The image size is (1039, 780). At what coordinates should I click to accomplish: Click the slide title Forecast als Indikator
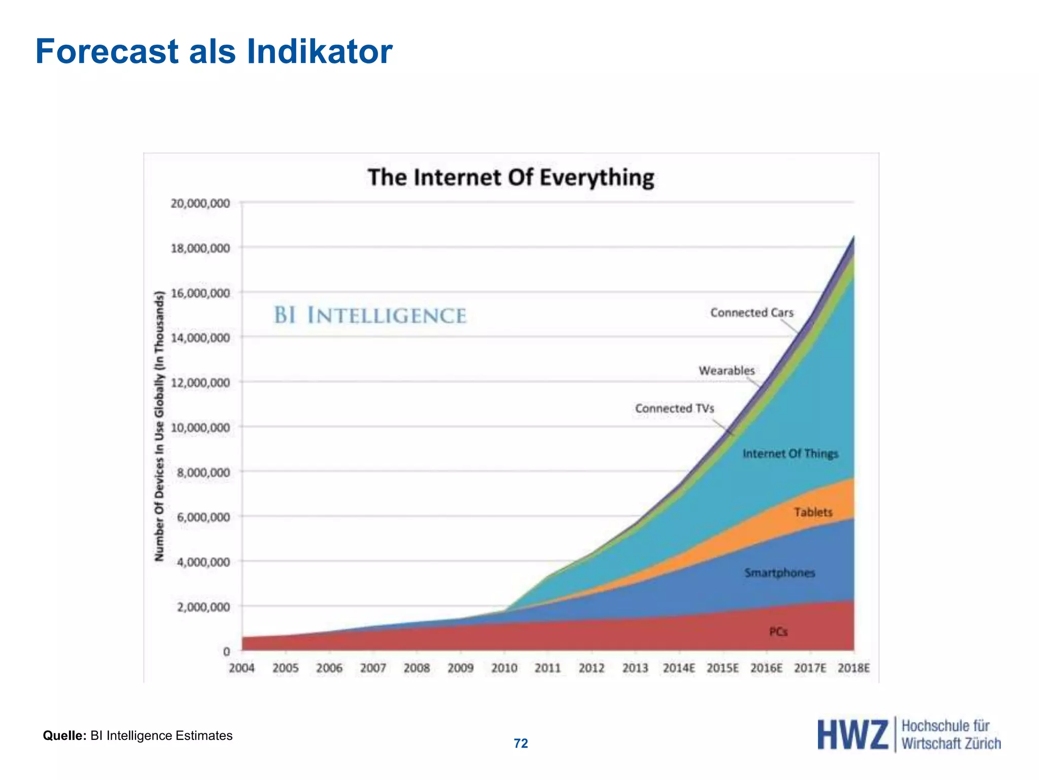pos(214,52)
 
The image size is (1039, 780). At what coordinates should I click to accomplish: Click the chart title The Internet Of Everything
pos(510,178)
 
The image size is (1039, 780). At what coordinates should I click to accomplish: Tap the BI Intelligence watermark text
pos(370,315)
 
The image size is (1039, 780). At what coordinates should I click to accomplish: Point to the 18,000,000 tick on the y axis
pos(200,248)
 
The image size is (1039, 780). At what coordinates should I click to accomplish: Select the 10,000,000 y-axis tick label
pos(200,428)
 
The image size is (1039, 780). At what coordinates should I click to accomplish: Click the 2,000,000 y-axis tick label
pos(203,607)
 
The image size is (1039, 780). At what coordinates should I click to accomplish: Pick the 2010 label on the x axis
pos(504,668)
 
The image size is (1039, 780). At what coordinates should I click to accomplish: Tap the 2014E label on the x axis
pos(679,668)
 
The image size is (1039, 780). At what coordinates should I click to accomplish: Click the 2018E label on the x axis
pos(854,668)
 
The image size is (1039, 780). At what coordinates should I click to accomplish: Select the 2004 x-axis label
pos(241,668)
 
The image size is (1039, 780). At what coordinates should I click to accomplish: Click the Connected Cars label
pos(751,313)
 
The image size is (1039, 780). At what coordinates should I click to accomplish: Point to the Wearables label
pos(726,371)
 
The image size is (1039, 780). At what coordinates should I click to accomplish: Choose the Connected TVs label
pos(674,409)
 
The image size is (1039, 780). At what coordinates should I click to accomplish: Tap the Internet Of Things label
pos(790,453)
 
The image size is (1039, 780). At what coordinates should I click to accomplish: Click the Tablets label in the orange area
pos(813,512)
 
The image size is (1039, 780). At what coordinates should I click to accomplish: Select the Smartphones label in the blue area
pos(779,573)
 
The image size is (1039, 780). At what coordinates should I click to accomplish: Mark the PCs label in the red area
pos(778,632)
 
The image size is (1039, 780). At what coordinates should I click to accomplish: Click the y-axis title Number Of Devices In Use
pos(160,427)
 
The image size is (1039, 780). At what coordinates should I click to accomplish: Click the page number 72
pos(521,743)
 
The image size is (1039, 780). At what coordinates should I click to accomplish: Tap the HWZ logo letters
pos(852,735)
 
